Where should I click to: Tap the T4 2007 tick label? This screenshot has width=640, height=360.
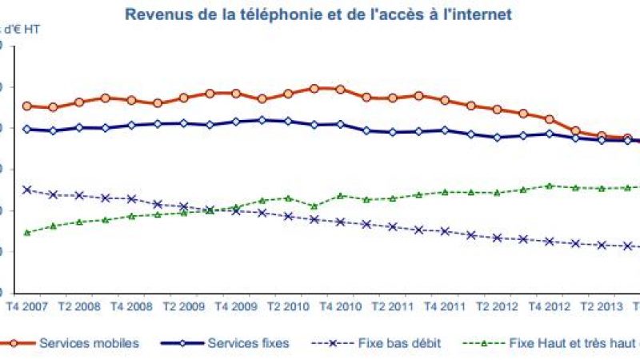[x=26, y=307]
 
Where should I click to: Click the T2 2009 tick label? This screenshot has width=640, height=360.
[x=184, y=307]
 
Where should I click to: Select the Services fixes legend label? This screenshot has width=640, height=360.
[x=248, y=343]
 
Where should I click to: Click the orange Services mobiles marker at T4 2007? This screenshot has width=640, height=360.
[x=26, y=106]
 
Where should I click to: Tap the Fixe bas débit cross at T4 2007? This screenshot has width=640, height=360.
[x=26, y=190]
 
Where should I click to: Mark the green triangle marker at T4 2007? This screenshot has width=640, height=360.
[x=26, y=233]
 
